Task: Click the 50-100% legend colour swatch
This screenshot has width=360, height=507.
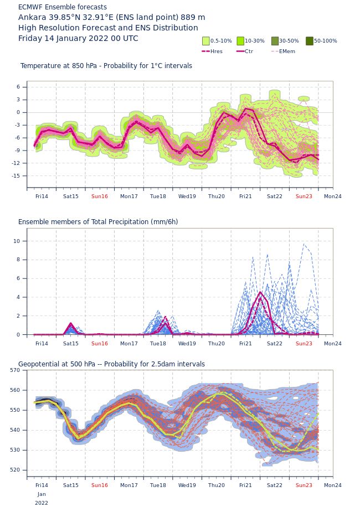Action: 310,41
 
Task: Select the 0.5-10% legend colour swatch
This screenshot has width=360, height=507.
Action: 205,41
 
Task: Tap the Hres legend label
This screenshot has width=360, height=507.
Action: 217,51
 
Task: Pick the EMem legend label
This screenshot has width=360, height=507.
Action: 287,51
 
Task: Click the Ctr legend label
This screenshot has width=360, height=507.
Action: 249,51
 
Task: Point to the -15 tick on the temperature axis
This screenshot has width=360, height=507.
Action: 16,176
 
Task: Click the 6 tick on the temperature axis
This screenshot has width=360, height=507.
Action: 18,87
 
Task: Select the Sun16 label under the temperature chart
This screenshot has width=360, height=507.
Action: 100,196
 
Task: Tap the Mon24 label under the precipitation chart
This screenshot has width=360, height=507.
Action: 332,343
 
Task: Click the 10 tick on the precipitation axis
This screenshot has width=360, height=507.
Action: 17,241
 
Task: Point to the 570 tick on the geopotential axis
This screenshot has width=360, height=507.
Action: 15,370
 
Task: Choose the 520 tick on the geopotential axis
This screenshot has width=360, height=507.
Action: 15,470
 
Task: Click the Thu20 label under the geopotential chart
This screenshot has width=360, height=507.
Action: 217,485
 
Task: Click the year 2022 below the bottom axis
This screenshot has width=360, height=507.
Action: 42,503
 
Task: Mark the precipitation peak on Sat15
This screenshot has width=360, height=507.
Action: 71,323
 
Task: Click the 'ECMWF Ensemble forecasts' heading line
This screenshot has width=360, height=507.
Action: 63,7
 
